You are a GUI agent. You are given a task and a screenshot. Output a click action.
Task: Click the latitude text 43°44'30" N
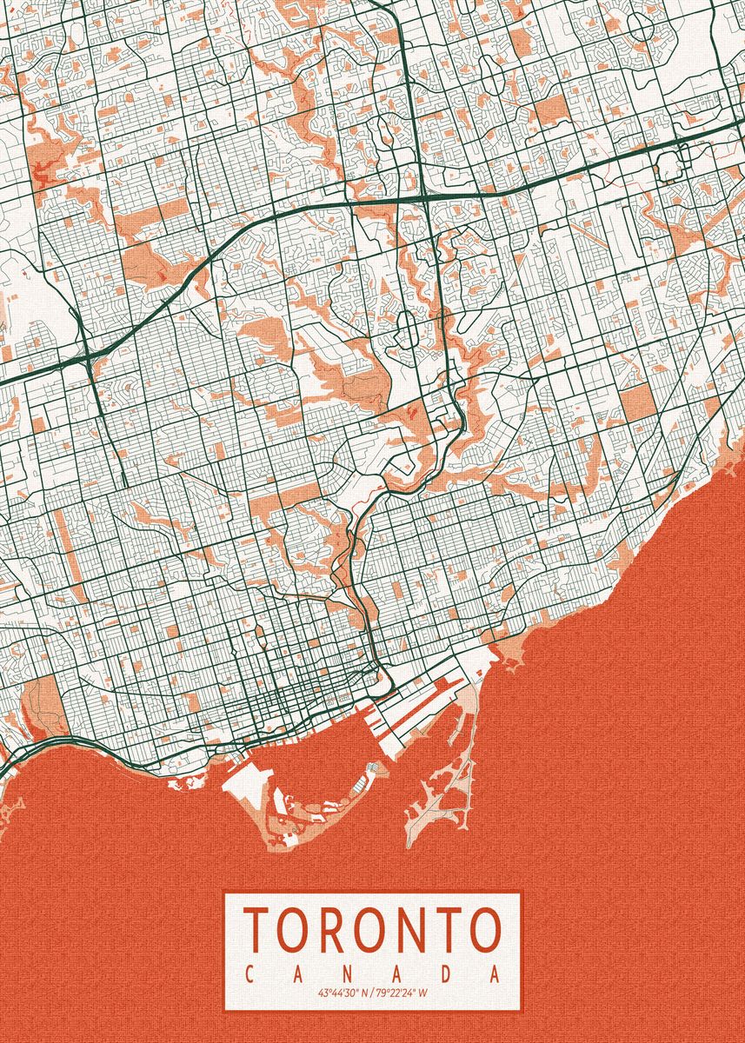(343, 993)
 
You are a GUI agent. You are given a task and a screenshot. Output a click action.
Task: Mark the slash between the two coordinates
(371, 993)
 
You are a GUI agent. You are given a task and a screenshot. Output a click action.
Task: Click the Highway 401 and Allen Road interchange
(90, 357)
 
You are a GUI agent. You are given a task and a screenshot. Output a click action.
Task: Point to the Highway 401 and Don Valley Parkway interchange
(427, 198)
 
